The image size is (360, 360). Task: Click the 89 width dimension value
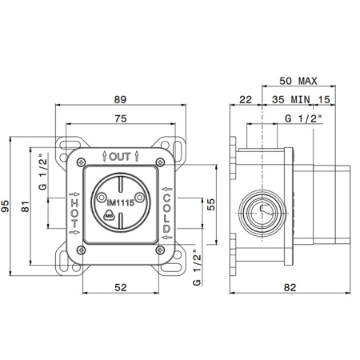pyautogui.click(x=120, y=99)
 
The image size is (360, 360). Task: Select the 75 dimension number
pyautogui.click(x=121, y=118)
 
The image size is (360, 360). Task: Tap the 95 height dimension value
pyautogui.click(x=5, y=206)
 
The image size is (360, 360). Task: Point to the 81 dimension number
pyautogui.click(x=26, y=206)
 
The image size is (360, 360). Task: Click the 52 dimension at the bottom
pyautogui.click(x=121, y=287)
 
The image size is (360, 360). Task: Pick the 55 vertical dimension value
pyautogui.click(x=210, y=205)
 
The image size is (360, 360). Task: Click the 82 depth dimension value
pyautogui.click(x=290, y=287)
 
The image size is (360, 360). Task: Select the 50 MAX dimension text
pyautogui.click(x=298, y=81)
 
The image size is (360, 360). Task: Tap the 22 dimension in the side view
pyautogui.click(x=246, y=100)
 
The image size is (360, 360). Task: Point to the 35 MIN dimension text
pyautogui.click(x=291, y=100)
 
